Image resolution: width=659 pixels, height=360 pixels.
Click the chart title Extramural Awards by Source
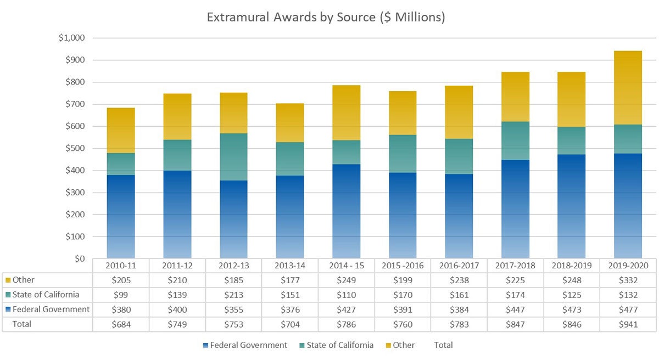coord(326,17)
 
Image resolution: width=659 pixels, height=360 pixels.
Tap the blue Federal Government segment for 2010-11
coord(121,217)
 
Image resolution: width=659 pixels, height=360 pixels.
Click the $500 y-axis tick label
coord(75,148)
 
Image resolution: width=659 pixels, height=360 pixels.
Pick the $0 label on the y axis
coord(80,258)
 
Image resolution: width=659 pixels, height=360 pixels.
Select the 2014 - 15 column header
coord(347,266)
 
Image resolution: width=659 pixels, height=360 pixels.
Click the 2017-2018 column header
coord(515,266)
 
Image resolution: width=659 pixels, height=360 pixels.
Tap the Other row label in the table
coord(24,280)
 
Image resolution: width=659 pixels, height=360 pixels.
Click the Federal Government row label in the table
coord(51,310)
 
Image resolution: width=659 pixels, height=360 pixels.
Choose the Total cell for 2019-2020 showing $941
coord(627,324)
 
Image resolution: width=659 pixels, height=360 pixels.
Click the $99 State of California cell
coord(121,295)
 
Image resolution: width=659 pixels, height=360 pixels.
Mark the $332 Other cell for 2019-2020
coord(627,280)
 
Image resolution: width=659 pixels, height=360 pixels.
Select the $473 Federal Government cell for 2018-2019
coord(571,310)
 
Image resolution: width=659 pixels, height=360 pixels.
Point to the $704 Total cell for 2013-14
coord(290,324)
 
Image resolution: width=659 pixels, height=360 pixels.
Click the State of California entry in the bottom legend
coord(337,345)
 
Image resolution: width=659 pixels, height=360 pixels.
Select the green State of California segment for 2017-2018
coord(515,140)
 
